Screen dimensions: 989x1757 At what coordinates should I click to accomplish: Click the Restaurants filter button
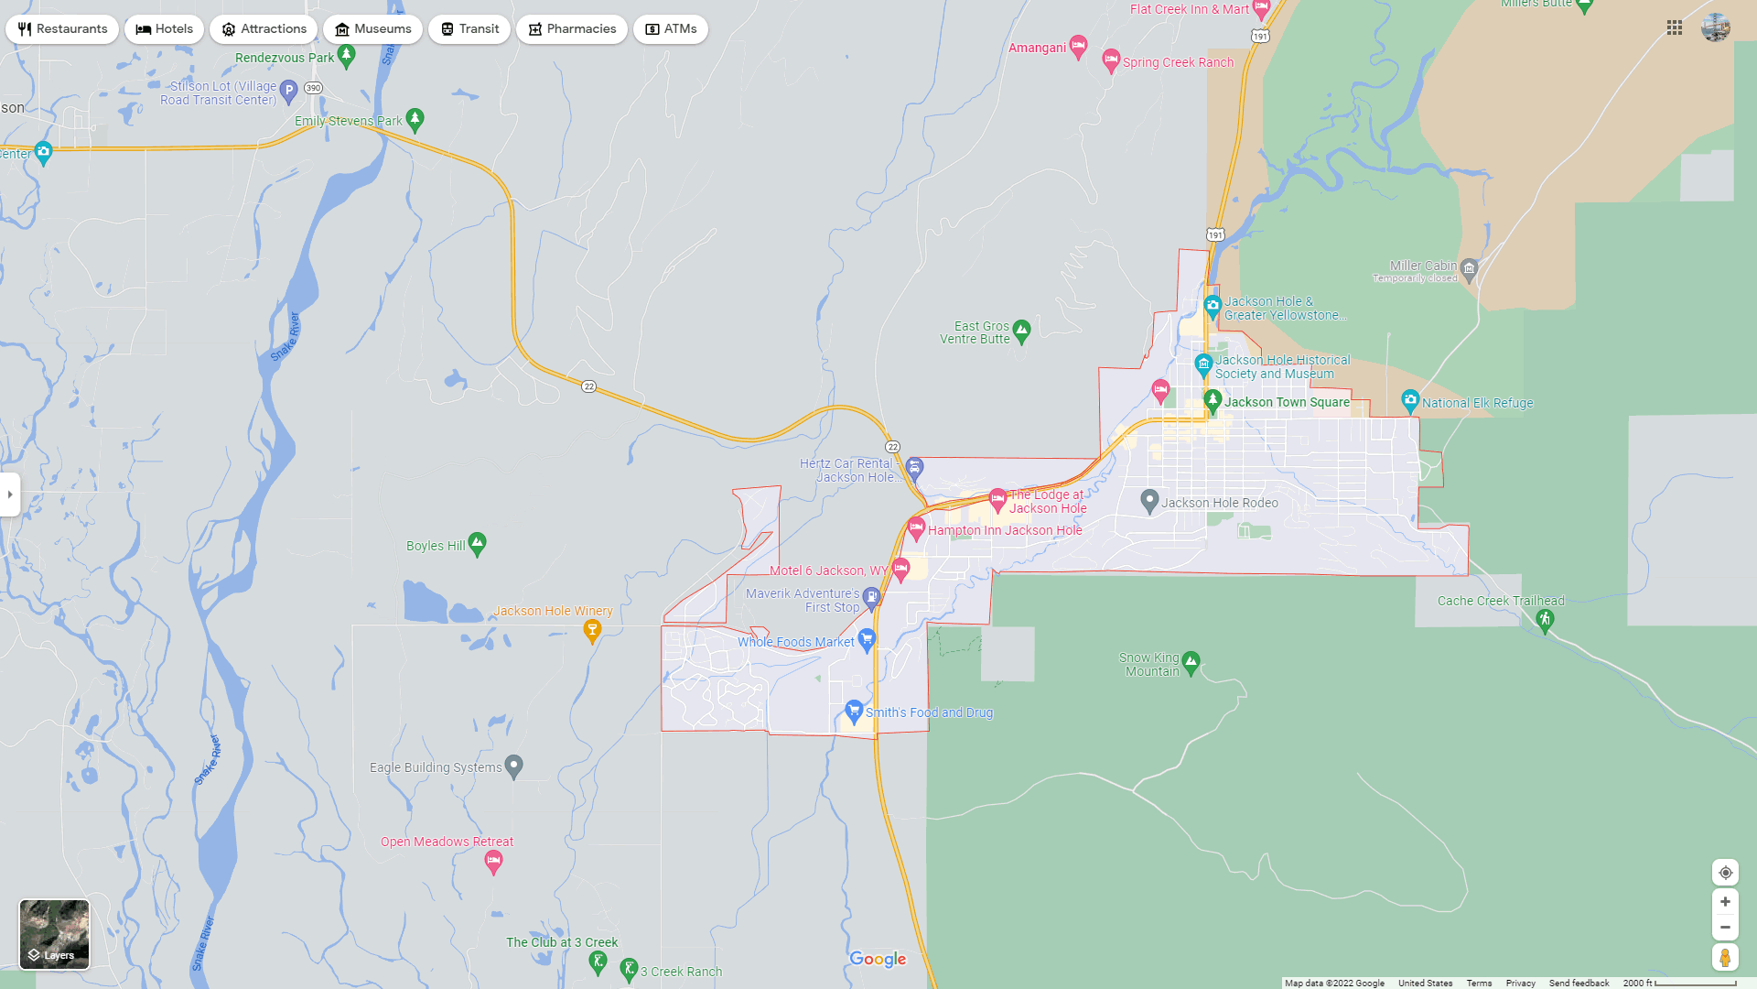62,29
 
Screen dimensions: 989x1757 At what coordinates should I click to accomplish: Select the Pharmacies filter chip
571,29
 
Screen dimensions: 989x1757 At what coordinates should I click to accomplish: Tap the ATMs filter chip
670,29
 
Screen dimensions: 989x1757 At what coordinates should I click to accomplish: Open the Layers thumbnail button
55,934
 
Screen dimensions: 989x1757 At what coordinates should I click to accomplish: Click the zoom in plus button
1725,902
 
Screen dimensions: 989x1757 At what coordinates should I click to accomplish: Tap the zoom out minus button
1725,928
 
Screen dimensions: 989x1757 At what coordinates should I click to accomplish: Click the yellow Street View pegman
1725,958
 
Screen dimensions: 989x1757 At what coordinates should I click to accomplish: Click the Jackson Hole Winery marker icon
592,629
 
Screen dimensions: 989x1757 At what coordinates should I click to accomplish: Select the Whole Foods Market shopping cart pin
867,639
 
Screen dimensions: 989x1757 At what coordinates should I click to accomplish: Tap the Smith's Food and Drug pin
854,710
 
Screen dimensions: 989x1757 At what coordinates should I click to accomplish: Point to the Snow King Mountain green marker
1191,661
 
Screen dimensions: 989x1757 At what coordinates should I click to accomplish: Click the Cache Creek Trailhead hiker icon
1545,620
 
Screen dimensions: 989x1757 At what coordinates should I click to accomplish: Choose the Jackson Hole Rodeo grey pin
1149,501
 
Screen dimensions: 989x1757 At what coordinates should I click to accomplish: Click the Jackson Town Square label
1287,402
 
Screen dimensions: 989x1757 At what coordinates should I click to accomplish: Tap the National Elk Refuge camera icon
1410,400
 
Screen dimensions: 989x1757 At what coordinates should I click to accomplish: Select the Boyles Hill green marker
477,543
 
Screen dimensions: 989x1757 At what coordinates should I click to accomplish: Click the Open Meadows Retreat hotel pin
493,861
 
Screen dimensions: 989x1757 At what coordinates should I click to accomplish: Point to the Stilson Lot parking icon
288,90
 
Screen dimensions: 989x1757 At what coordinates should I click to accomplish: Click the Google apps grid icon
1675,28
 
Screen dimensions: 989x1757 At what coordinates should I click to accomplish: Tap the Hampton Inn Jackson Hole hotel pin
916,527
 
